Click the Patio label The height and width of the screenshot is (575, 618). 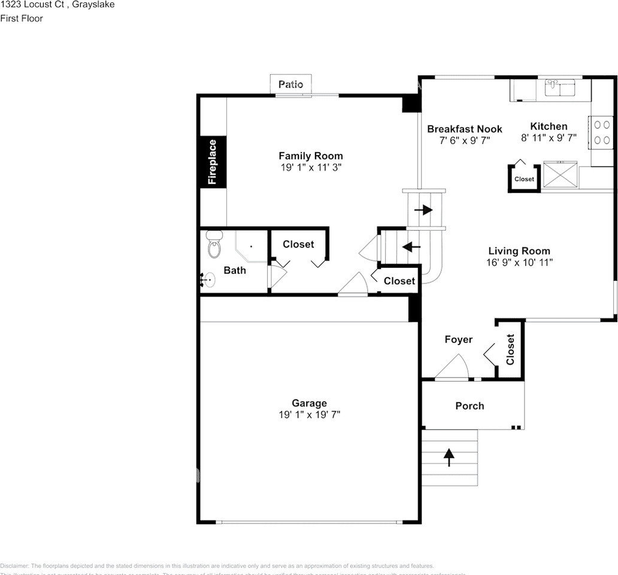pos(290,84)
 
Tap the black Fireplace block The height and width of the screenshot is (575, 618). pos(213,162)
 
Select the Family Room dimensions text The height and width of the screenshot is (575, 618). pos(311,168)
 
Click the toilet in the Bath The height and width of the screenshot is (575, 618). pos(213,244)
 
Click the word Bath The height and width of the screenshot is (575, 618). pos(235,270)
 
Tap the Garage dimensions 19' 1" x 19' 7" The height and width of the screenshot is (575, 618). pos(309,414)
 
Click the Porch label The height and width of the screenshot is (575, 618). pos(469,405)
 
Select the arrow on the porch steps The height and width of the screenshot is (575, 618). pos(449,456)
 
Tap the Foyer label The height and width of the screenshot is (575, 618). pos(458,340)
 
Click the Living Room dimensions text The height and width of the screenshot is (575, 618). pos(519,262)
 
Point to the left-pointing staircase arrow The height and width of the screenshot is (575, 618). pos(411,246)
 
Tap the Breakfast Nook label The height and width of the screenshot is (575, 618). pos(464,129)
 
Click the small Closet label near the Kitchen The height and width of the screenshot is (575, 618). pos(524,179)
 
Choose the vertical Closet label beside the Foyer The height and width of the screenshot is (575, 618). pos(510,350)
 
